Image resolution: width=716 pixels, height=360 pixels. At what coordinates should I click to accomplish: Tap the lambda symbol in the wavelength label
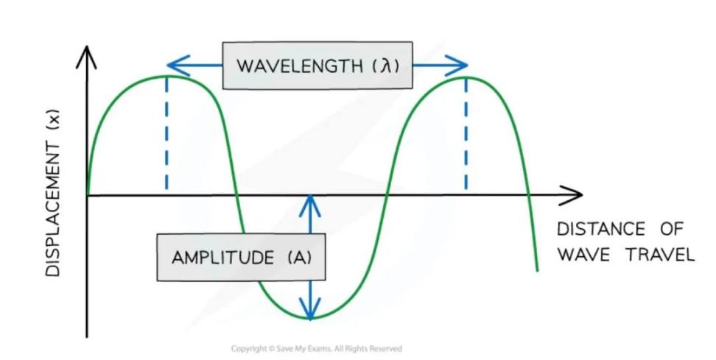tap(385, 66)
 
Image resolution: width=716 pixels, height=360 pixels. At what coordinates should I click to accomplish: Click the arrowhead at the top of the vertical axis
tap(88, 54)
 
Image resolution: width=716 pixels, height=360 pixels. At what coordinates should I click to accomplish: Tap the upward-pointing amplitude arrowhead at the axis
tap(312, 205)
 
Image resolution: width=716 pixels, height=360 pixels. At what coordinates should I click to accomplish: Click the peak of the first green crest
tap(166, 76)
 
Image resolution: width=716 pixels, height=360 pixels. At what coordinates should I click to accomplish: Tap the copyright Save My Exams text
tap(317, 348)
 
